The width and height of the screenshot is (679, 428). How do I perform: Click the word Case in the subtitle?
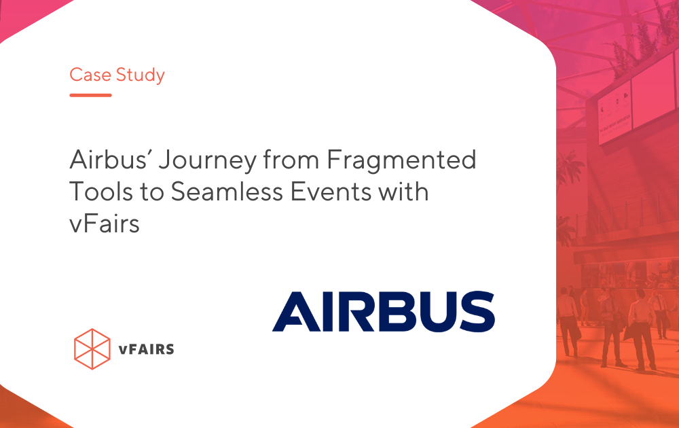click(x=90, y=75)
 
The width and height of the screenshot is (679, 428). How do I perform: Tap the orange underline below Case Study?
click(x=90, y=95)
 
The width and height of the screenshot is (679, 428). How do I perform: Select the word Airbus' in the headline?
click(x=109, y=160)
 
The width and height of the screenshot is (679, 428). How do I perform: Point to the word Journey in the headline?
click(x=207, y=161)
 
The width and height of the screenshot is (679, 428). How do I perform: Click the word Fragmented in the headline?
click(x=401, y=161)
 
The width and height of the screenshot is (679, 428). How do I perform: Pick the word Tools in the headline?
click(x=100, y=192)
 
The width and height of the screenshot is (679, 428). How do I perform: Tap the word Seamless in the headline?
click(x=227, y=192)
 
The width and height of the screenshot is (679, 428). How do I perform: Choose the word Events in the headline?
click(x=331, y=192)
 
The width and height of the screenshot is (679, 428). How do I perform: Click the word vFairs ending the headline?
click(x=105, y=224)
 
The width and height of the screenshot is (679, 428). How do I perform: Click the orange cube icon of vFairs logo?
click(x=92, y=349)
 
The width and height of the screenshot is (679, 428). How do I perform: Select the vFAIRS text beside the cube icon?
click(x=147, y=349)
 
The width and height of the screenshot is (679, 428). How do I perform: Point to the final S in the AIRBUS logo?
click(x=477, y=311)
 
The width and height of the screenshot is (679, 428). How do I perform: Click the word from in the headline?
click(x=292, y=160)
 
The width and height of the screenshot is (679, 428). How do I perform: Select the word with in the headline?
click(x=403, y=192)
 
